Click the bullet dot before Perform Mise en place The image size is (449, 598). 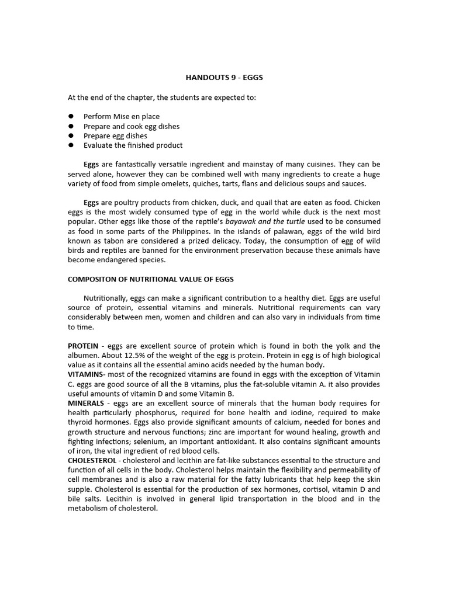click(x=71, y=117)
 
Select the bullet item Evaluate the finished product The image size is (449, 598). click(x=133, y=145)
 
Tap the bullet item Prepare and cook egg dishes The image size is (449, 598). click(x=131, y=126)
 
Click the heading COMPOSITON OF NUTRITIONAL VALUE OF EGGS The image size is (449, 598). click(x=151, y=279)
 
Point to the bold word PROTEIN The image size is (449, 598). click(x=82, y=346)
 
